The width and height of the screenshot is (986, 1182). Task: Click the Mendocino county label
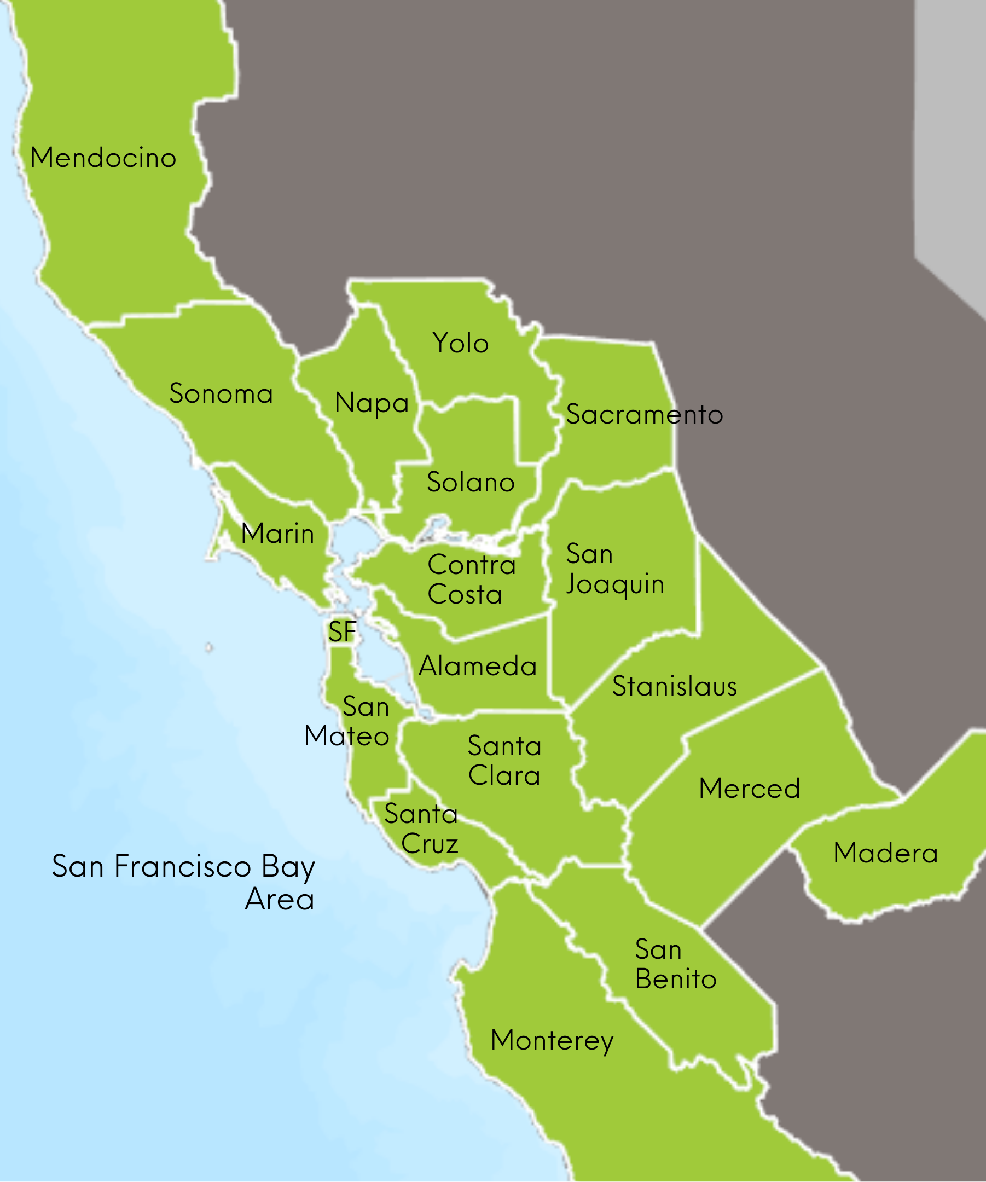[103, 158]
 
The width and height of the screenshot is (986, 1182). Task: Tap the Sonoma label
[221, 393]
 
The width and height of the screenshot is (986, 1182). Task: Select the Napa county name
[372, 403]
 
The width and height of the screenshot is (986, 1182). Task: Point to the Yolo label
[460, 343]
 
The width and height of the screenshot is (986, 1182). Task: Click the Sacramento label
[644, 414]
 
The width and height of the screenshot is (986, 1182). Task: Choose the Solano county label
[471, 482]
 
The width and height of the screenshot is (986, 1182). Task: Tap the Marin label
[277, 533]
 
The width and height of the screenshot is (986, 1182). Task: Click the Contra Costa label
[471, 580]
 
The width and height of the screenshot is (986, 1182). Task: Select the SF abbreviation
[342, 631]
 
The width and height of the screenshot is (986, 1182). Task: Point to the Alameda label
[477, 667]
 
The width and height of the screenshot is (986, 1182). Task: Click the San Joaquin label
[614, 569]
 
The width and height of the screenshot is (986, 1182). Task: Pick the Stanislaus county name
[674, 686]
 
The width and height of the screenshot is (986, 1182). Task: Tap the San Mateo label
[347, 721]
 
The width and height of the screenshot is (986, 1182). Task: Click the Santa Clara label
[504, 761]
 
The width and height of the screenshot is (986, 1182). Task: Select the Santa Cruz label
[421, 828]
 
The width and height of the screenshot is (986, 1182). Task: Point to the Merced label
[749, 788]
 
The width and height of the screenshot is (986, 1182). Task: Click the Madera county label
[885, 853]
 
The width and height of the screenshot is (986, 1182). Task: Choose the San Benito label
[675, 964]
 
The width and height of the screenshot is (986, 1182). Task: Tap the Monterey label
[552, 1040]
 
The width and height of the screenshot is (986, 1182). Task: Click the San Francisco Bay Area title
[183, 882]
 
